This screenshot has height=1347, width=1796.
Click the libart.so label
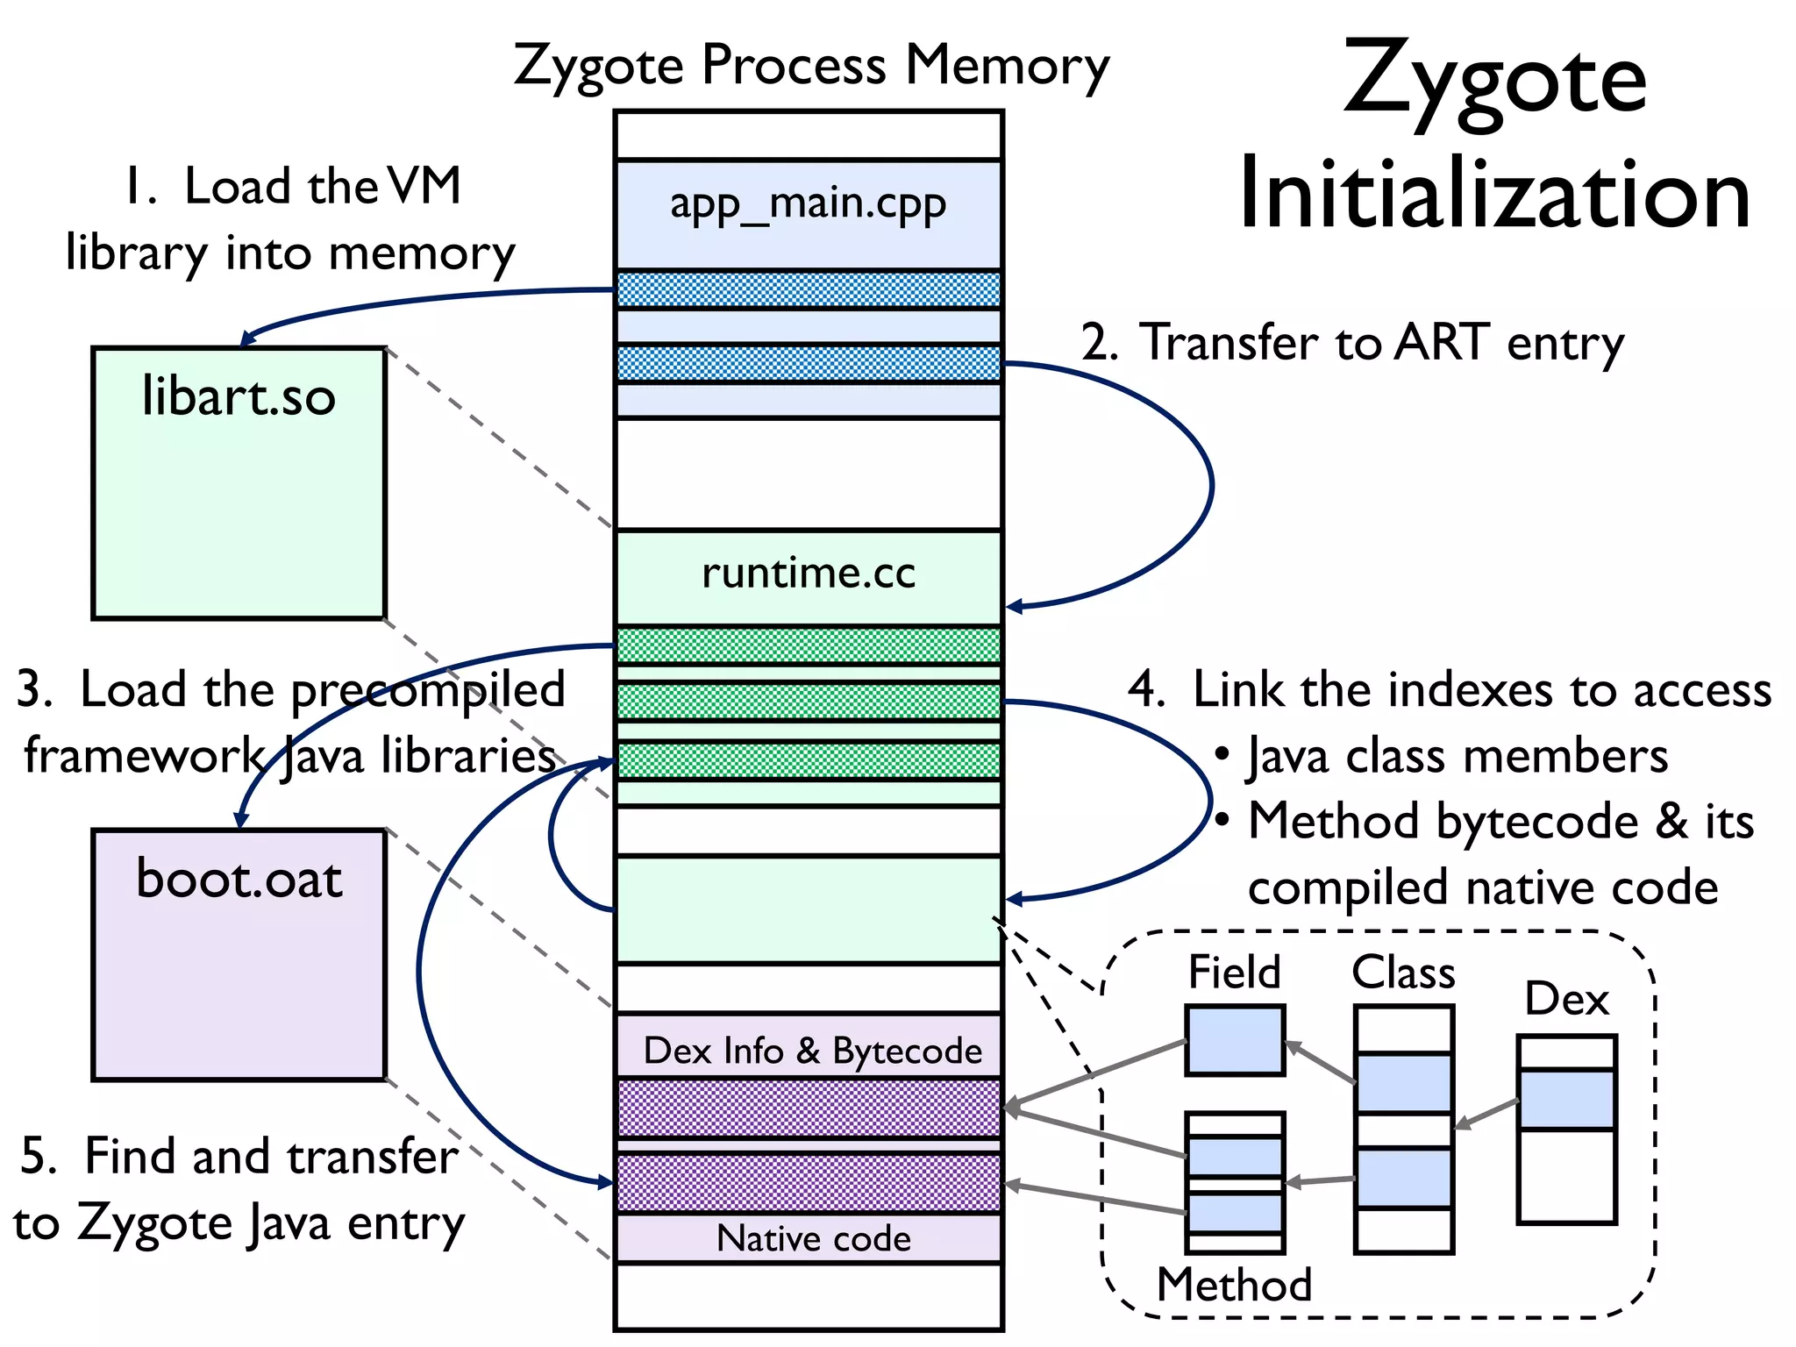click(x=239, y=396)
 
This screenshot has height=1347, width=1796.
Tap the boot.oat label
click(x=239, y=879)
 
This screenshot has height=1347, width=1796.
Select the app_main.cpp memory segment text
click(x=808, y=204)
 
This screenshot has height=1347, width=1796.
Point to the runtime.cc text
click(x=808, y=574)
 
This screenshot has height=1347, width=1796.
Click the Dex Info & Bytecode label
click(x=812, y=1051)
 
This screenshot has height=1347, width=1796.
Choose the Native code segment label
click(x=813, y=1238)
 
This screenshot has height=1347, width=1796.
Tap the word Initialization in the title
click(x=1494, y=195)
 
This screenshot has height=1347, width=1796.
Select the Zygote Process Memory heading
click(x=811, y=65)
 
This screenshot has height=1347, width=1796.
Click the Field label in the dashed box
click(x=1234, y=973)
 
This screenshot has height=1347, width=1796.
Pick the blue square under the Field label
click(x=1234, y=1040)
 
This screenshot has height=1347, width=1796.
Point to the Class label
click(x=1403, y=973)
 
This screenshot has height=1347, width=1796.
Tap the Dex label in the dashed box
click(x=1566, y=999)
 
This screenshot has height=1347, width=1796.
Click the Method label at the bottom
click(x=1234, y=1285)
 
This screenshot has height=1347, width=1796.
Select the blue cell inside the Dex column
click(x=1566, y=1099)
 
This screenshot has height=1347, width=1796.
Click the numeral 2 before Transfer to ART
click(x=1098, y=343)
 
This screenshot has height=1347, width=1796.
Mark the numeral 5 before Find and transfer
click(x=37, y=1156)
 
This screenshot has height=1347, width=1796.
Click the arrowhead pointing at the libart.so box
click(x=247, y=339)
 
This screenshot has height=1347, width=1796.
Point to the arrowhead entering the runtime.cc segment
click(x=1014, y=606)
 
